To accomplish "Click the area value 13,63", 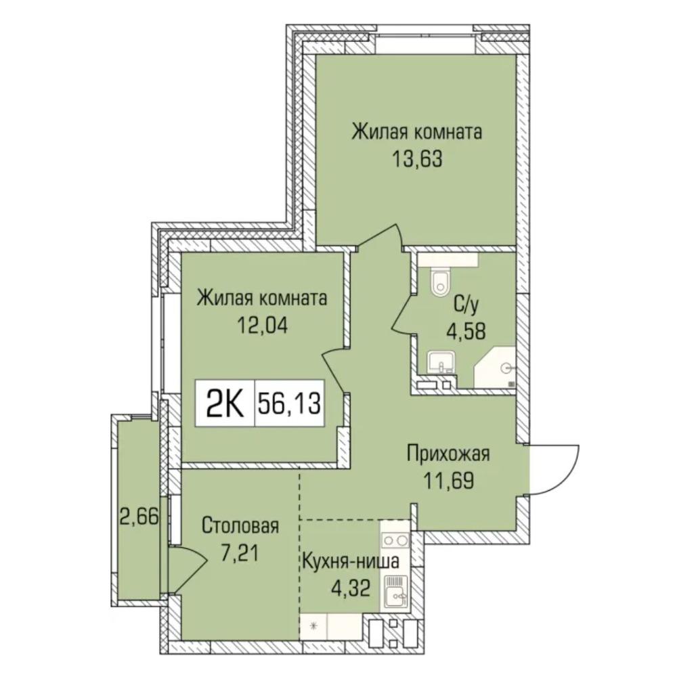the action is (417, 159).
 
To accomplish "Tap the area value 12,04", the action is (261, 325).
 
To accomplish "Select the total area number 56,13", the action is (290, 403).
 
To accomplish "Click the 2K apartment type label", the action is (225, 403).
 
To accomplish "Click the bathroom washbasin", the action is (441, 362).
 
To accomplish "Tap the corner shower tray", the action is (496, 367).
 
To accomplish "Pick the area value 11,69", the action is (449, 480).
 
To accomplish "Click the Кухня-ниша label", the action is (350, 562).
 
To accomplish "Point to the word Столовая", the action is (240, 526).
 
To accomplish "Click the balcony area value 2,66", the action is (140, 517).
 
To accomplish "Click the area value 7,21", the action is (240, 552).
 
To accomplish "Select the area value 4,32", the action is (351, 588).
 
